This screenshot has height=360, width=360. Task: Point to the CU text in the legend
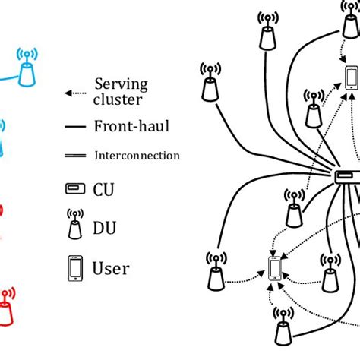104,188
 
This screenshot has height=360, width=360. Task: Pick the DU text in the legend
104,226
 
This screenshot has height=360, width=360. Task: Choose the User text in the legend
111,268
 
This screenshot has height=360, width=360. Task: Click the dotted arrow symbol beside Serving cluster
74,93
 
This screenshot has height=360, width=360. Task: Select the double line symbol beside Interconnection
74,156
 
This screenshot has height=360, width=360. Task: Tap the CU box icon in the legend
74,189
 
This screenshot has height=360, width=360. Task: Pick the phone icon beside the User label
74,267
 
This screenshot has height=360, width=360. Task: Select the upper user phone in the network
351,77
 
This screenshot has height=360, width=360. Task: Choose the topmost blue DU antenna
26,68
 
